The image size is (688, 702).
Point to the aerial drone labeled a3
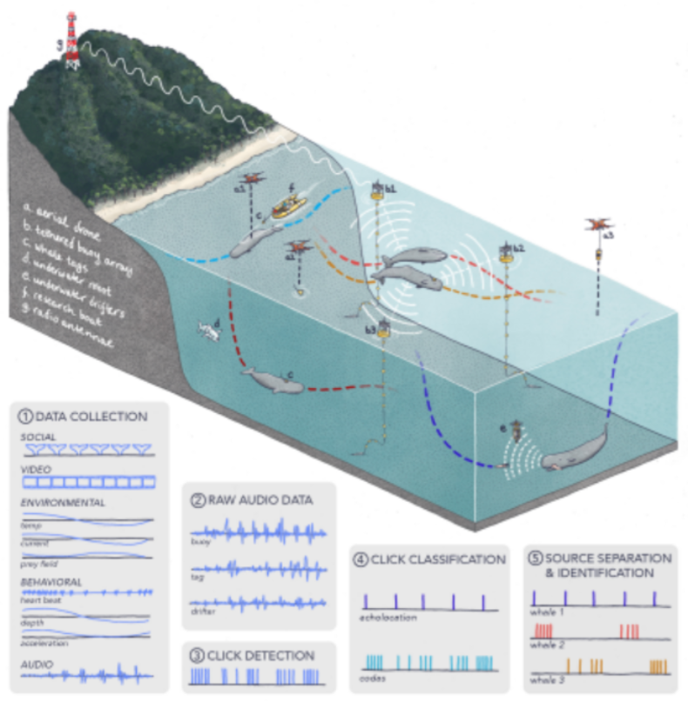[x=599, y=224]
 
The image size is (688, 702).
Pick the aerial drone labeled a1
[x=253, y=179]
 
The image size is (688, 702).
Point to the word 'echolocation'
[x=387, y=618]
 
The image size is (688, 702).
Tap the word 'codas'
[x=372, y=677]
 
